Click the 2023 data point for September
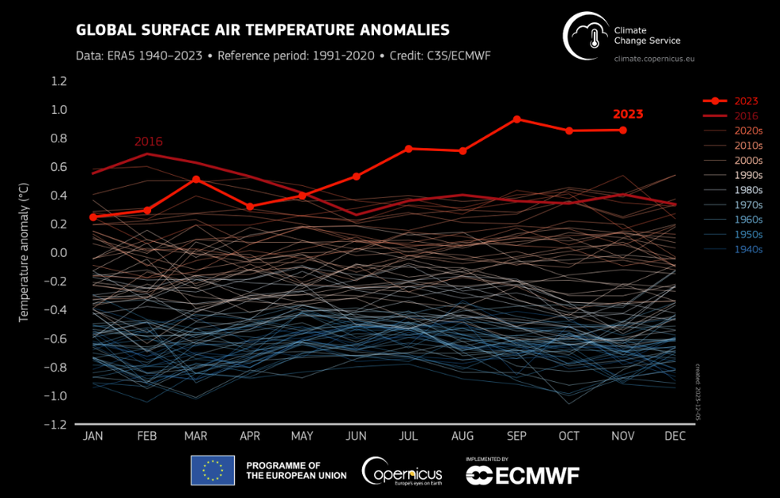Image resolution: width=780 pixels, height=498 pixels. click(x=517, y=119)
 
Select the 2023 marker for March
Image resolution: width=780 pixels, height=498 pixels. click(x=196, y=179)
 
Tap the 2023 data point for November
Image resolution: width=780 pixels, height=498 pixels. click(x=623, y=130)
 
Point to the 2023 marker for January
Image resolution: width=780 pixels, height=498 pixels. click(x=93, y=216)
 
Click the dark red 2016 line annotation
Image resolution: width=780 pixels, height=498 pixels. click(x=148, y=142)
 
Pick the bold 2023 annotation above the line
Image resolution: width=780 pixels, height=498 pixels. click(x=628, y=114)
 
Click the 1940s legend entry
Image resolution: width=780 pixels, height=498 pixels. click(x=748, y=249)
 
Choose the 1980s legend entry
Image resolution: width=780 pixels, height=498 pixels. click(x=748, y=190)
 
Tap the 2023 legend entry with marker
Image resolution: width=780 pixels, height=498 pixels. click(x=732, y=101)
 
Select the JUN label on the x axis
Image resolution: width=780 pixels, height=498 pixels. click(x=357, y=436)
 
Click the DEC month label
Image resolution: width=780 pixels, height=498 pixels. click(x=676, y=436)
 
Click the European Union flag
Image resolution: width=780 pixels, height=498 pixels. click(x=213, y=469)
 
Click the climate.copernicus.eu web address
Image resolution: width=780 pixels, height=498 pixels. click(x=655, y=60)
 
